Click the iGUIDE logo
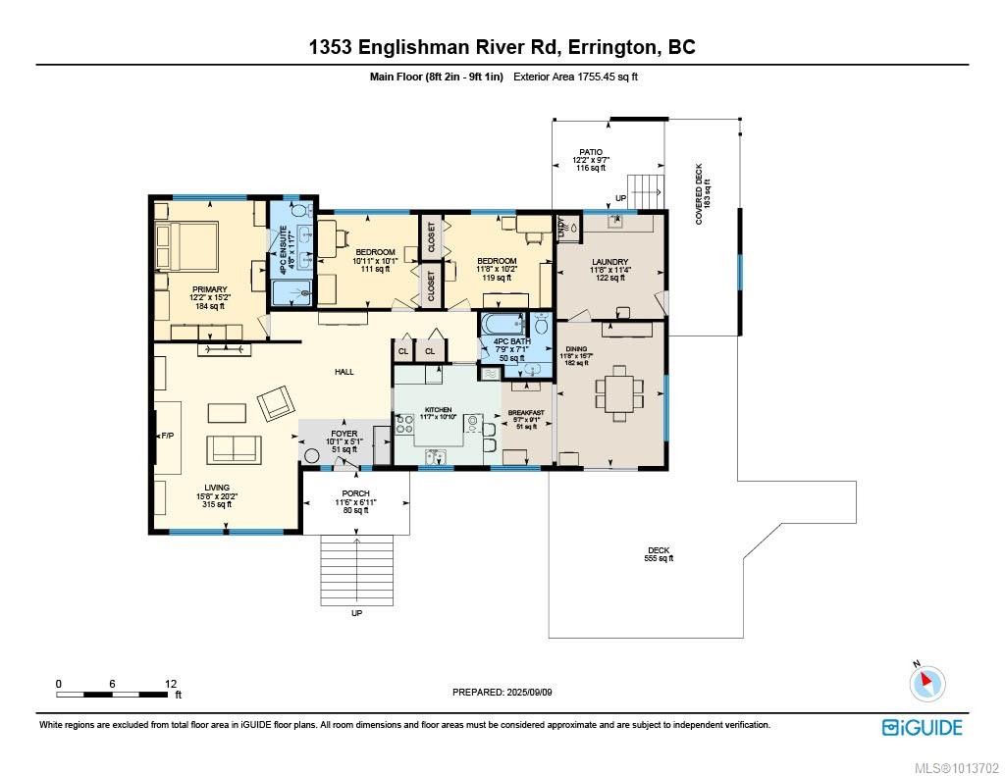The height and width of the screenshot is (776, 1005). tap(922, 727)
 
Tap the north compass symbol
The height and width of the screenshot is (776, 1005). tap(927, 682)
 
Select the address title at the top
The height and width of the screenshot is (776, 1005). tap(502, 47)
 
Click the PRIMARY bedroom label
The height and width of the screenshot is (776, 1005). tap(209, 289)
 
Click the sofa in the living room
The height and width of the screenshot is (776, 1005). tap(235, 448)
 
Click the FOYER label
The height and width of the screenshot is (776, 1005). tap(344, 433)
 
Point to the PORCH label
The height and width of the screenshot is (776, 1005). tap(355, 493)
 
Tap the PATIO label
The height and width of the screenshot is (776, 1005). tap(590, 152)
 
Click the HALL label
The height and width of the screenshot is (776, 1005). tap(344, 372)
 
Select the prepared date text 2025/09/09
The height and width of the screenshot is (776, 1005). tap(502, 692)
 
